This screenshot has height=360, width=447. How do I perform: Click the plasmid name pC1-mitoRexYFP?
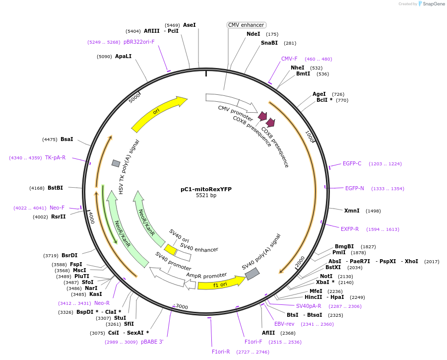206,189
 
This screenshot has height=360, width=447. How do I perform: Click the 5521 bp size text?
206,196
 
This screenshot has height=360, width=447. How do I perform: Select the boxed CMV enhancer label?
247,25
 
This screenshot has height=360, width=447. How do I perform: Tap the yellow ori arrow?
159,113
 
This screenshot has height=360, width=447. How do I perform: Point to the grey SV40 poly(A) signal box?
252,273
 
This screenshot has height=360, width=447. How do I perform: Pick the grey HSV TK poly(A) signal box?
116,163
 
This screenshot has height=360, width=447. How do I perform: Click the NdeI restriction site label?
253,34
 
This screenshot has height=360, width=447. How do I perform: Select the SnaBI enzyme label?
269,43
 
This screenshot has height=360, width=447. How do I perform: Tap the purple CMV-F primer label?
289,59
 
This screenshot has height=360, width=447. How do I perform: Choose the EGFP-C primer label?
352,163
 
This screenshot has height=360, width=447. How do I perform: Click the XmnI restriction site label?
352,211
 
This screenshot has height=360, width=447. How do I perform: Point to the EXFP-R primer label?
350,229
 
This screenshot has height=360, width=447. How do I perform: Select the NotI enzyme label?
326,276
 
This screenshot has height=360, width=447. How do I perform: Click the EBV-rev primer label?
284,324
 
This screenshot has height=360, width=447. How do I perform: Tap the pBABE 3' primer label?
152,342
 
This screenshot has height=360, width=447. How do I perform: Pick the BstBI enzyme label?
55,188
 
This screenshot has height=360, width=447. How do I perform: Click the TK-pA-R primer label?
55,157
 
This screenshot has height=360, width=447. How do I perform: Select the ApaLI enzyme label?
124,56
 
